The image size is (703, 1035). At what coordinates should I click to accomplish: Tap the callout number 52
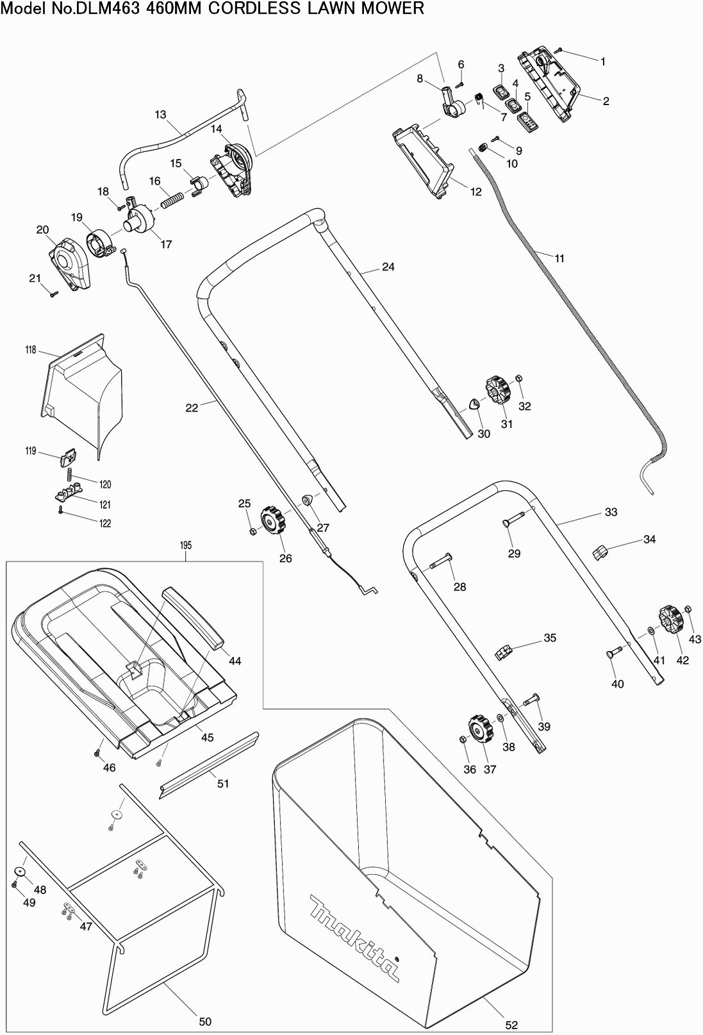[511, 1025]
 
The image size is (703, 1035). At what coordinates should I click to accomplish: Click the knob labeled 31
[497, 391]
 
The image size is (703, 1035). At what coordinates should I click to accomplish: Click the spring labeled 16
[172, 200]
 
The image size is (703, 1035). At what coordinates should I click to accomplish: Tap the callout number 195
[186, 545]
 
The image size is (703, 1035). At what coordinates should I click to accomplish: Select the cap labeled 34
[599, 551]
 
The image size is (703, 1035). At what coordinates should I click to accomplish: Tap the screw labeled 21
[54, 294]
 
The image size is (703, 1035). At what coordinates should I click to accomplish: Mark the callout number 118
[31, 350]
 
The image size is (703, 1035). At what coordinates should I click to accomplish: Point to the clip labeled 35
[504, 652]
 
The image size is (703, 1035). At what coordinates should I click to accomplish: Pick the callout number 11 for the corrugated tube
[559, 258]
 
